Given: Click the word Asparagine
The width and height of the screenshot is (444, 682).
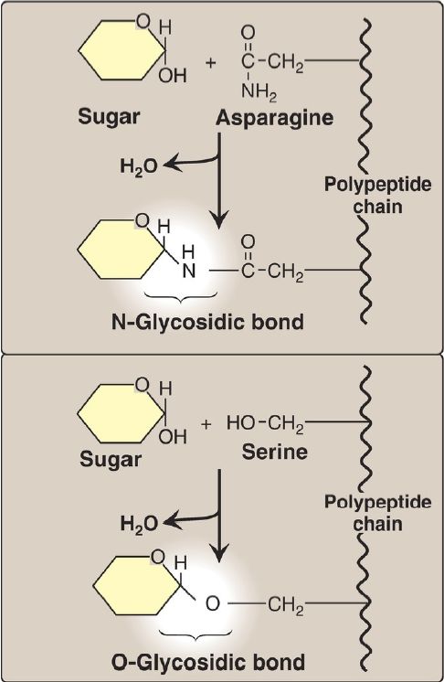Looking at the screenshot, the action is [275, 118].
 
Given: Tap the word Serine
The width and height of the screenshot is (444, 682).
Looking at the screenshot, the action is [275, 452].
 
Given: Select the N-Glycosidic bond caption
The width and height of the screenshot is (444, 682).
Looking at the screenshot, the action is [207, 323].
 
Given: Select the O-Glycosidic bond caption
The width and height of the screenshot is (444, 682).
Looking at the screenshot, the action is [208, 662].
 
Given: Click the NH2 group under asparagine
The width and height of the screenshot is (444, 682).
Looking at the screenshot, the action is [259, 91].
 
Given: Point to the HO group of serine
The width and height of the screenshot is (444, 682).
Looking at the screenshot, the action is [241, 422].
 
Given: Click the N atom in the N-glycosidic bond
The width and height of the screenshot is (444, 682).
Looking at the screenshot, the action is [189, 271].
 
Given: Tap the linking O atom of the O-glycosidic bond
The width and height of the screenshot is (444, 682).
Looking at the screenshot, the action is [213, 603].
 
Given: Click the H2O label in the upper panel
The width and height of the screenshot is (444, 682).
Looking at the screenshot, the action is [139, 166].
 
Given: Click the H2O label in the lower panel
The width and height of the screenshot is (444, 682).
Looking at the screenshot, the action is [139, 523].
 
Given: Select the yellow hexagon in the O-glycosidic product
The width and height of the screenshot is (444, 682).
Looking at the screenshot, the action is [136, 585].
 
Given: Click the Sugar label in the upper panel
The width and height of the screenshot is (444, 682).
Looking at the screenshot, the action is [109, 117].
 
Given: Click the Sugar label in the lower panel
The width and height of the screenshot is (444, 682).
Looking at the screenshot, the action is [111, 459].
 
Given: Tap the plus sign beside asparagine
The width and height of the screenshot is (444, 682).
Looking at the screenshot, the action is [211, 63].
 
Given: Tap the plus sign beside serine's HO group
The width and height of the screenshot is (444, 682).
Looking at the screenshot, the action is [206, 423].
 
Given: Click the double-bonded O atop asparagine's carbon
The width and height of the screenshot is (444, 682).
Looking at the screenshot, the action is [248, 33].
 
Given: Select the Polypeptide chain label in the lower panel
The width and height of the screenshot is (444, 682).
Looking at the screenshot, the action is [377, 512].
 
